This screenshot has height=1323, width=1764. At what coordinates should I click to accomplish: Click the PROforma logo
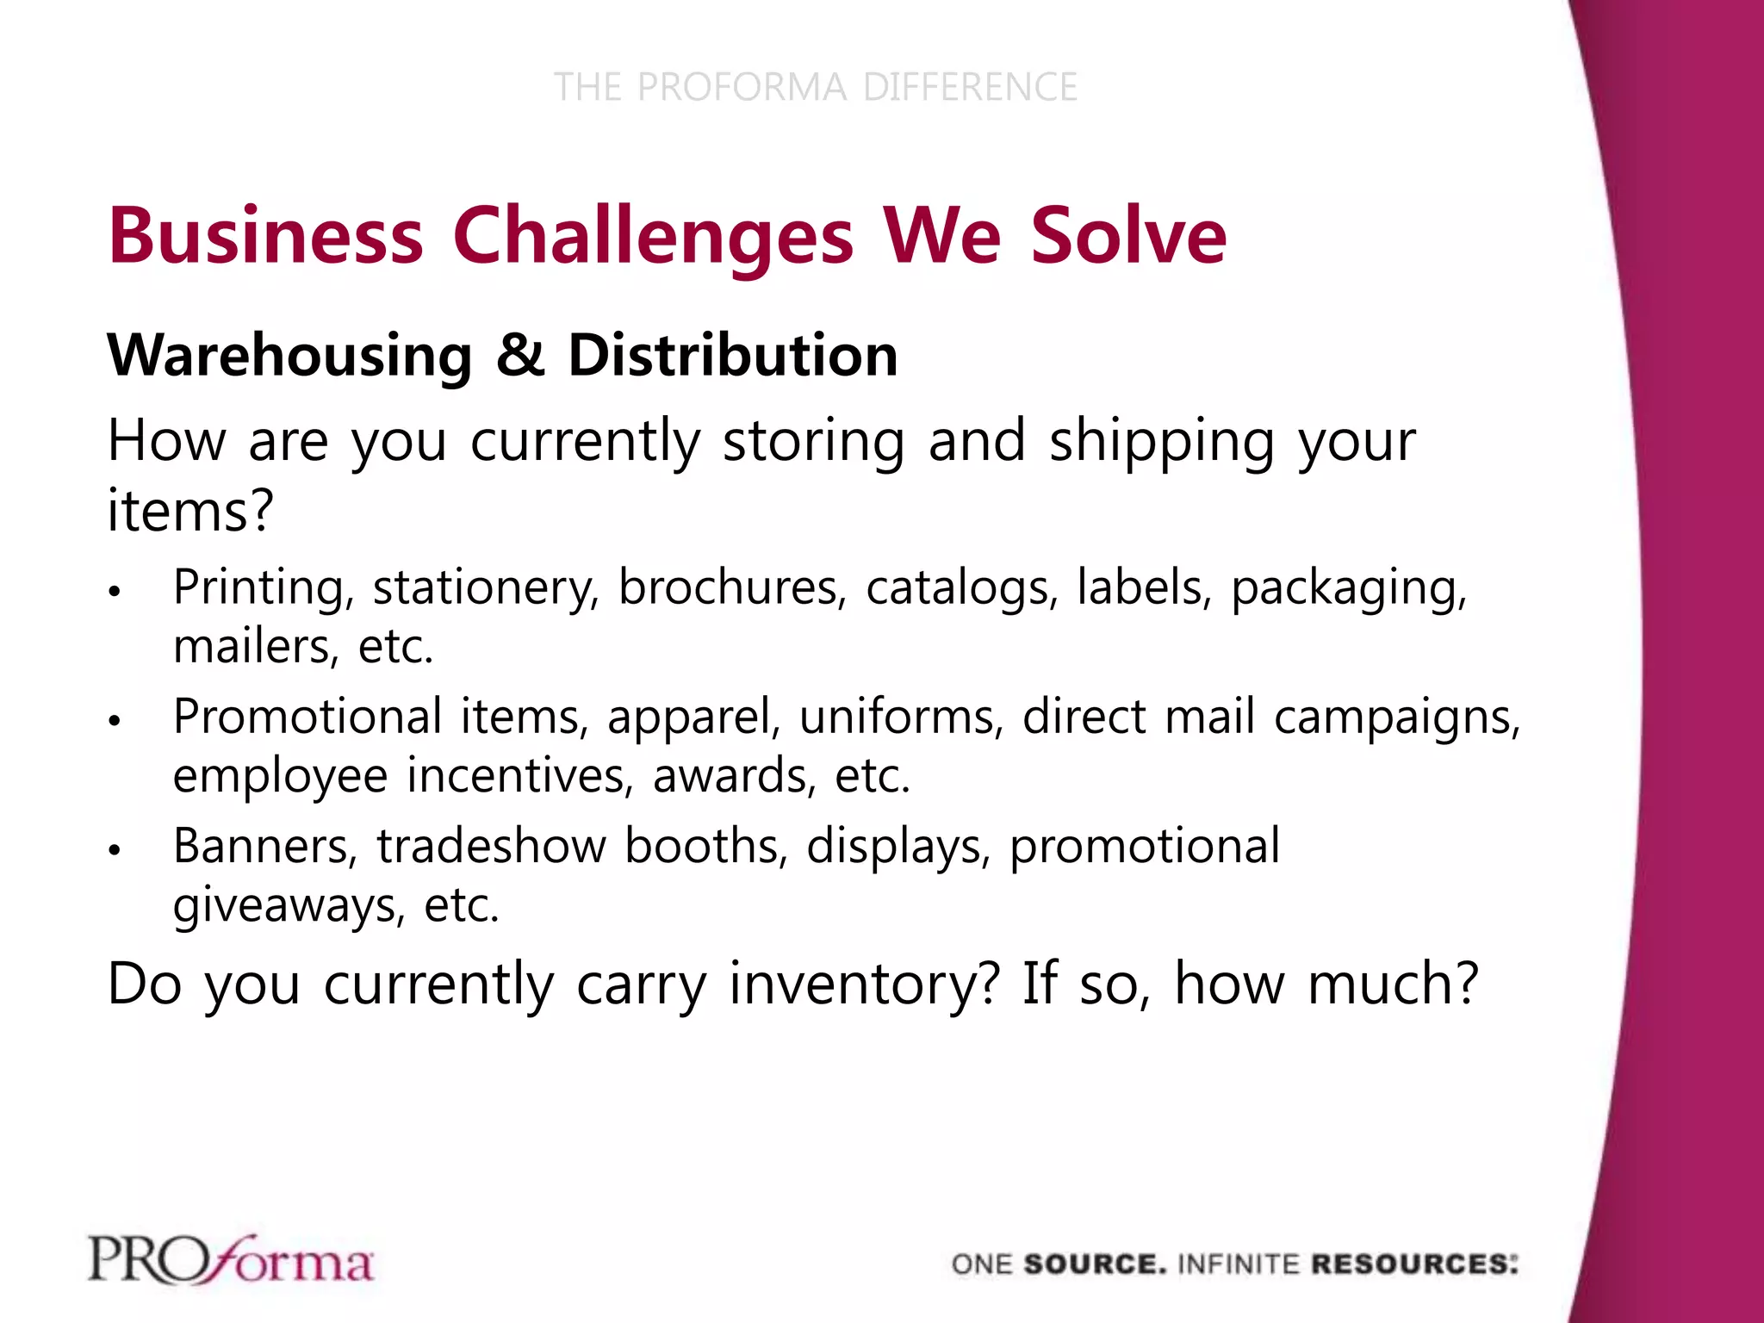(231, 1260)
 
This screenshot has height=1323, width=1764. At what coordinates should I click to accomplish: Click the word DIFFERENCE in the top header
(970, 87)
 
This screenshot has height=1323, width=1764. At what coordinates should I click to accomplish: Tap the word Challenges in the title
(653, 236)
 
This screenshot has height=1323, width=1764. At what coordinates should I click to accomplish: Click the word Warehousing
(289, 356)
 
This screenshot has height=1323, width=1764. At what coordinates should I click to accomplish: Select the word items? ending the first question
(190, 510)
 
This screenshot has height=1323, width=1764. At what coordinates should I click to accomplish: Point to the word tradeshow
(491, 846)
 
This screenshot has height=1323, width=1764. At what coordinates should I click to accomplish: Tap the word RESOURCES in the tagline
(1413, 1264)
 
